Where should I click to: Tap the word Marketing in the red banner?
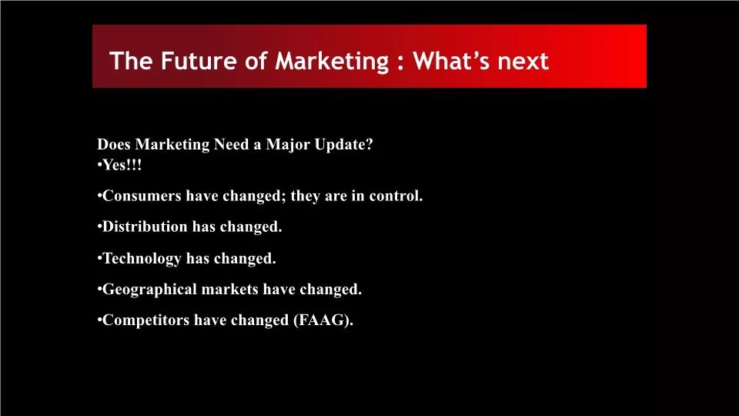coord(333,62)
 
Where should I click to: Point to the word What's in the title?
coord(452,61)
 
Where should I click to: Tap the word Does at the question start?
coord(114,144)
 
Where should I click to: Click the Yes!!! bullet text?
coord(122,165)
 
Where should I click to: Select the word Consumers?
coord(142,196)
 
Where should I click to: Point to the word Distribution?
coord(145,226)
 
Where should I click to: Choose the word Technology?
coord(142,259)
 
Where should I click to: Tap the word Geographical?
coord(149,289)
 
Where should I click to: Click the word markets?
coord(229,289)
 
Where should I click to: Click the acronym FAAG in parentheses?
coord(320,320)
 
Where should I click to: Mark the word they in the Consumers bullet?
coord(306,196)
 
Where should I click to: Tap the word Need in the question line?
coord(232,144)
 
